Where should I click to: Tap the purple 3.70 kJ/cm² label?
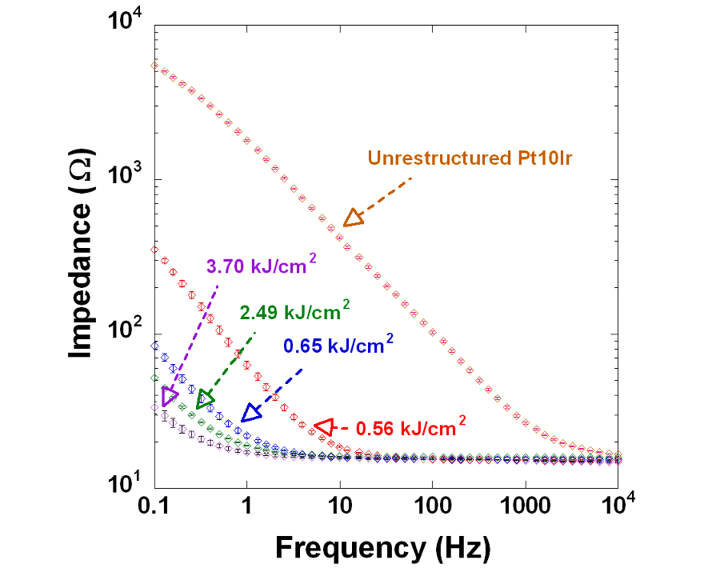tap(256, 268)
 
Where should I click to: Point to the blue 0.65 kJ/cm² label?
tap(337, 346)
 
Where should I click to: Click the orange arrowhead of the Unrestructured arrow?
tap(353, 217)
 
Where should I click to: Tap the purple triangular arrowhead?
tap(169, 396)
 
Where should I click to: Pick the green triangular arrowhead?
tap(205, 398)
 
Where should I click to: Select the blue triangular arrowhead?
tap(251, 413)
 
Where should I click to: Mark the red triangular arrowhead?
tap(322, 427)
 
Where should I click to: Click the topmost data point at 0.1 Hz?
tap(155, 66)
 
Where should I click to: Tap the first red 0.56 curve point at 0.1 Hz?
tap(155, 250)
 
